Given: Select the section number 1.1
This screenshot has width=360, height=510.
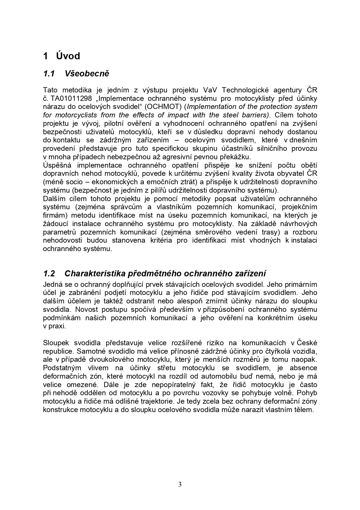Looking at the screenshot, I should pos(49,74).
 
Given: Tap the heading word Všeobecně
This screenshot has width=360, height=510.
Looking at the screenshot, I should pos(87,74).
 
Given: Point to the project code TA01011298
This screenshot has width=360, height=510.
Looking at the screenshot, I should pos(71,98).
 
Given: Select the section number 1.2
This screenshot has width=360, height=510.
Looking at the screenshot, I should pos(49,273).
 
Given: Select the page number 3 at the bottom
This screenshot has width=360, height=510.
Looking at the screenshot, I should pos(180,484).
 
